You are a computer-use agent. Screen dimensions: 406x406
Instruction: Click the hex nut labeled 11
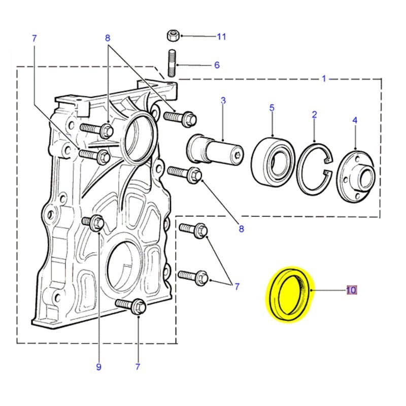tap(172, 36)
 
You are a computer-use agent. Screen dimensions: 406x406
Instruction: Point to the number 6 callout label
tap(217, 65)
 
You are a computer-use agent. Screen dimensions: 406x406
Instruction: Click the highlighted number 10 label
tap(351, 290)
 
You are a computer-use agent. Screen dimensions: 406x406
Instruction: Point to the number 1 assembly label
tap(324, 79)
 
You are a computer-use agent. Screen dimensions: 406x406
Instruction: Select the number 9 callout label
tap(98, 366)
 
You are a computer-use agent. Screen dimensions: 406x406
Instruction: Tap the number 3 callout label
tap(223, 101)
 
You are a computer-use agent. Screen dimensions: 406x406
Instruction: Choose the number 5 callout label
tap(272, 108)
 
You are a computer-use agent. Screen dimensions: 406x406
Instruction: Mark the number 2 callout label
tap(314, 115)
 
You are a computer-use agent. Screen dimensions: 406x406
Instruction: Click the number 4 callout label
tap(355, 120)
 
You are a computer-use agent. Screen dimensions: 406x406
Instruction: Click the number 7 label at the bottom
tap(138, 366)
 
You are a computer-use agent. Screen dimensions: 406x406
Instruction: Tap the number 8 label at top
tap(108, 38)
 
